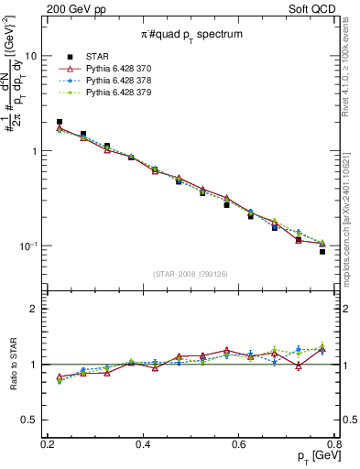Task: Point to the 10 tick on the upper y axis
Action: [30, 56]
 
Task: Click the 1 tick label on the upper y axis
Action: [35, 151]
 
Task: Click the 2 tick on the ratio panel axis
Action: [35, 309]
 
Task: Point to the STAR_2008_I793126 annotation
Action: [191, 274]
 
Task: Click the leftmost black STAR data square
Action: [60, 122]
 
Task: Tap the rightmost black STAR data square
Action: [322, 251]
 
